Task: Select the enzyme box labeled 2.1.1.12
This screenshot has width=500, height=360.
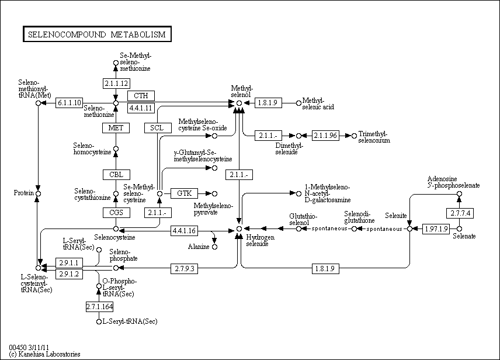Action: (115, 82)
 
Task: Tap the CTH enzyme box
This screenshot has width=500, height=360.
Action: (140, 96)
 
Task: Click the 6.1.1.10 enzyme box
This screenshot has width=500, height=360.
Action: (70, 103)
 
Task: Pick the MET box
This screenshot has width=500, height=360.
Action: (115, 128)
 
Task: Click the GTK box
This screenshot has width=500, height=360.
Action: (185, 193)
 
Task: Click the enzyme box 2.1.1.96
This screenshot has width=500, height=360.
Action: (325, 136)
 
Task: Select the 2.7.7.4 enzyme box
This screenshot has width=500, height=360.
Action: (459, 213)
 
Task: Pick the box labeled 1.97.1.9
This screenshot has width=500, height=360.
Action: (436, 229)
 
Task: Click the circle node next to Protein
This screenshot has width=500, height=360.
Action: (38, 193)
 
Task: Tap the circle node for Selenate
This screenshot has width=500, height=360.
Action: (459, 229)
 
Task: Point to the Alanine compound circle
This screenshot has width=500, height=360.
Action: (214, 247)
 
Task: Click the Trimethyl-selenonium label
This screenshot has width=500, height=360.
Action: (374, 137)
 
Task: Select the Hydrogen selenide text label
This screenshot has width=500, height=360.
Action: (258, 240)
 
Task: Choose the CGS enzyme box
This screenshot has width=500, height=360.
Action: (115, 213)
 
